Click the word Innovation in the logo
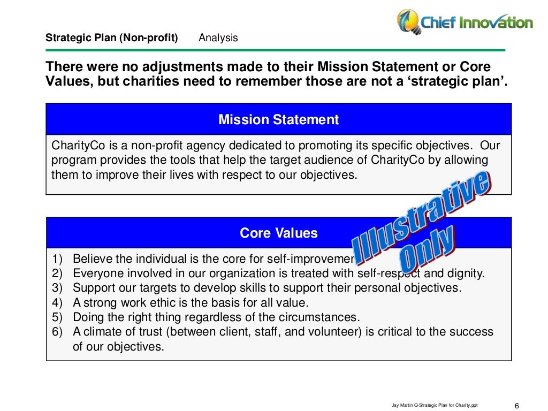[498, 22]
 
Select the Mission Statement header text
[278, 119]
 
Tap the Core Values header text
[278, 233]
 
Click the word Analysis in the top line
[218, 38]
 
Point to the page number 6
[516, 404]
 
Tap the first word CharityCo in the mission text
[74, 146]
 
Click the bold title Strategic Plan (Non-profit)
[111, 38]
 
